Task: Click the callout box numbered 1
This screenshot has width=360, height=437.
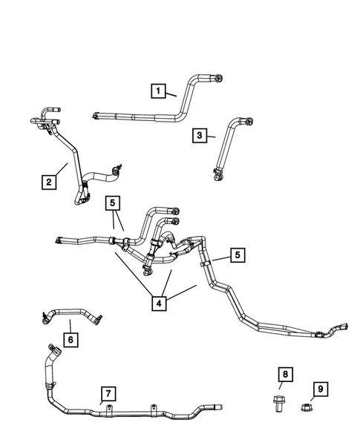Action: (x=157, y=91)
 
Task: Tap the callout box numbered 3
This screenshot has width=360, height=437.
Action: (x=199, y=135)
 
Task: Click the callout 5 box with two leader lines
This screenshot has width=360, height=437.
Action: (x=112, y=202)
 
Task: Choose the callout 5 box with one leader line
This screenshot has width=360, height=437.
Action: (x=237, y=255)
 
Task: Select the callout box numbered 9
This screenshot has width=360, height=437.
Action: (x=319, y=388)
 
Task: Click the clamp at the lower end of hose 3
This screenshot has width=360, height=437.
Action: (x=218, y=177)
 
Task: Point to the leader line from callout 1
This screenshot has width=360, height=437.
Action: (x=171, y=94)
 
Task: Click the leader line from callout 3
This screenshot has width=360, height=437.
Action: (x=212, y=137)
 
